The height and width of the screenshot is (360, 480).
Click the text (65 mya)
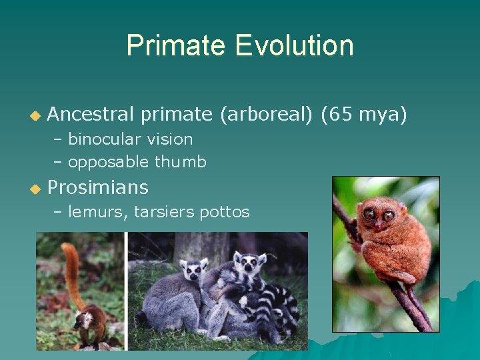coord(363,115)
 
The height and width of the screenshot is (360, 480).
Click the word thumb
coord(181,162)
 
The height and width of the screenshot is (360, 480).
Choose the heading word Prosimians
coord(98,187)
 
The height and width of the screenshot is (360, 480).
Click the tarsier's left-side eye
coord(369,215)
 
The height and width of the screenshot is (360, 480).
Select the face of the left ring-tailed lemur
coord(194,270)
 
